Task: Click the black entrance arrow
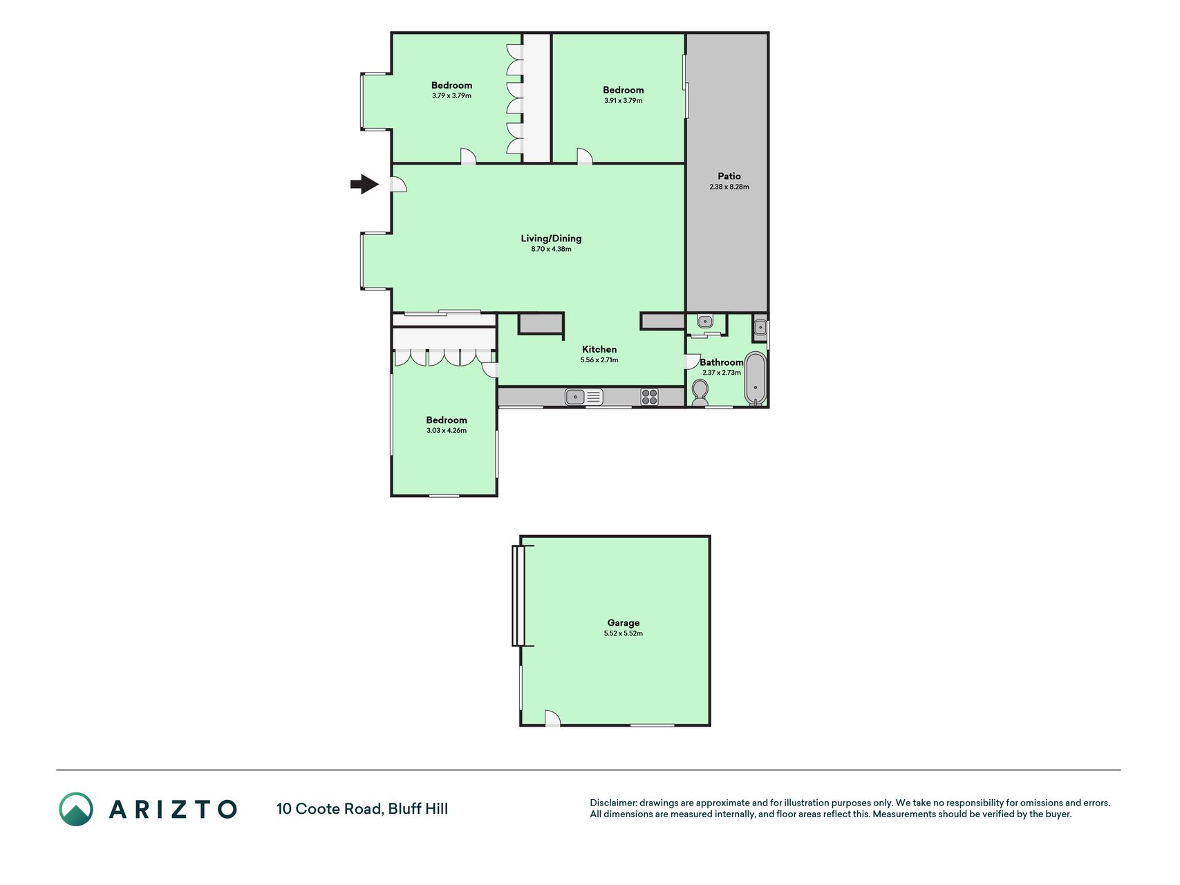(364, 185)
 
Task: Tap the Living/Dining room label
(551, 239)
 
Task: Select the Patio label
(729, 176)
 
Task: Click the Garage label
(623, 623)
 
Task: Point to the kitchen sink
(583, 397)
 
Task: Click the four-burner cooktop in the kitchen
(649, 397)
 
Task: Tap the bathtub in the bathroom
(755, 378)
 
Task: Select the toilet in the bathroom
(700, 393)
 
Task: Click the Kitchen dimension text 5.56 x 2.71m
(599, 360)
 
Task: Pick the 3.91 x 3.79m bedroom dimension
(623, 101)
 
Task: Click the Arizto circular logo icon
(75, 809)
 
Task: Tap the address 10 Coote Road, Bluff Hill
(362, 809)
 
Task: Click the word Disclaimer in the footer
(612, 803)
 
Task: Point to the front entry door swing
(397, 184)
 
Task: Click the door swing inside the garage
(552, 718)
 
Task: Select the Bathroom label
(721, 362)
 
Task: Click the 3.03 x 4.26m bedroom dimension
(447, 431)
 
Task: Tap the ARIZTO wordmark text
(173, 809)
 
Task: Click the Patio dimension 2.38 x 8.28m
(729, 187)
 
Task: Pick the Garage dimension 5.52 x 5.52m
(623, 633)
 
